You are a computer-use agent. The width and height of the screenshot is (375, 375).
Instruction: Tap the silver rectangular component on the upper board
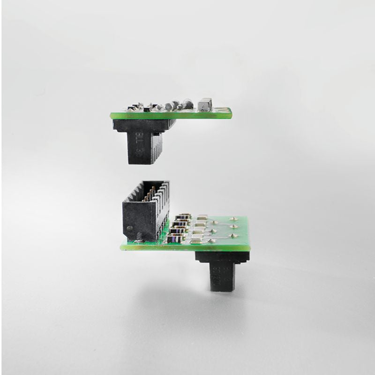point(205,104)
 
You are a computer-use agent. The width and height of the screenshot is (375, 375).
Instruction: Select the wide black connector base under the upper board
point(143,124)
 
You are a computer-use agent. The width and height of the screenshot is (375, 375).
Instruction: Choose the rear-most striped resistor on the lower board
point(183,217)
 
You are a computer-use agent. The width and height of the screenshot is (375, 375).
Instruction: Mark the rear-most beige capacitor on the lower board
point(202,217)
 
